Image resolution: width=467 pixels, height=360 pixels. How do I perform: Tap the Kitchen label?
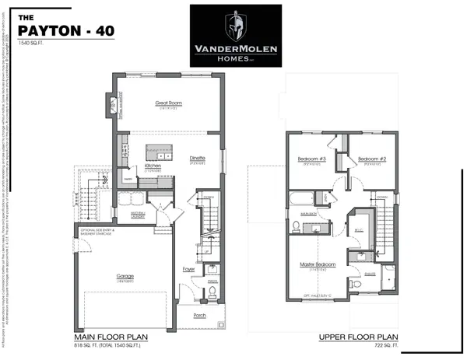click(x=153, y=166)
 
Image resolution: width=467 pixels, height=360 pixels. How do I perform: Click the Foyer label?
click(x=188, y=270)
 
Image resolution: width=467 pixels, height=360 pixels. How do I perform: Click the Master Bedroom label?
click(x=318, y=264)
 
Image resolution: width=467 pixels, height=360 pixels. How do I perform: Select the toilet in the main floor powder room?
click(x=212, y=294)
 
